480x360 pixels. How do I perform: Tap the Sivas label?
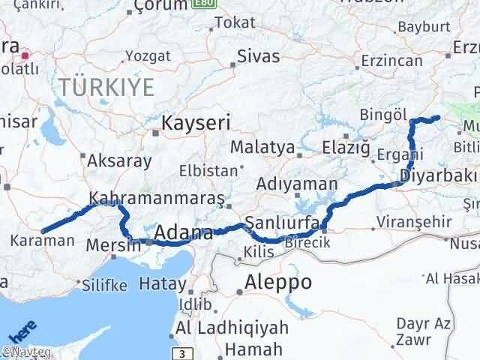tap(258, 55)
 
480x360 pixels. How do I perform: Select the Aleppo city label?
tap(278, 282)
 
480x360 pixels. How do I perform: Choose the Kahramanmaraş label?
tap(157, 199)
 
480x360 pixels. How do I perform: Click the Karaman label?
tap(43, 241)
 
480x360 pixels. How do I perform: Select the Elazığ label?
tap(346, 148)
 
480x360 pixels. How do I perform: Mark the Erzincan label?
tap(388, 59)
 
